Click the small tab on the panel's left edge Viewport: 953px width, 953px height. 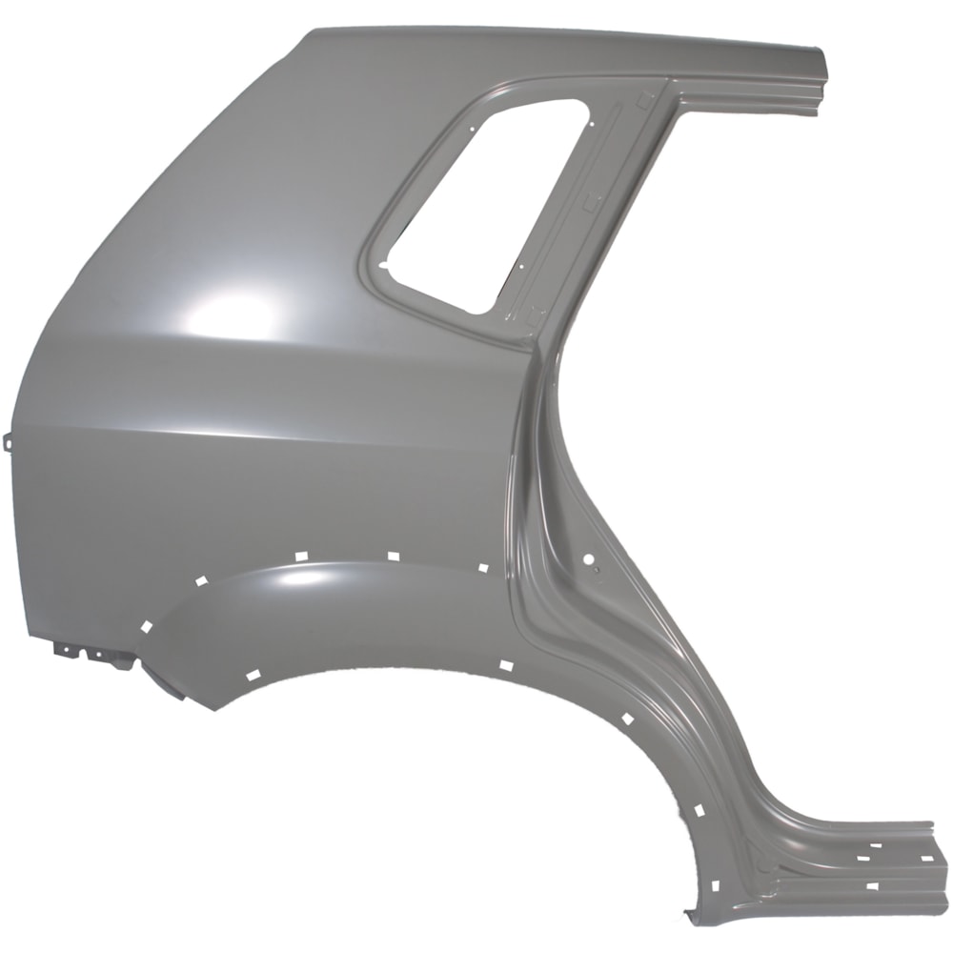(9, 441)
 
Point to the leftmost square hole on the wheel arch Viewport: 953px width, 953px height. (146, 626)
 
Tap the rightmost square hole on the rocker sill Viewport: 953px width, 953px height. (926, 858)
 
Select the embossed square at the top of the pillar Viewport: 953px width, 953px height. (644, 95)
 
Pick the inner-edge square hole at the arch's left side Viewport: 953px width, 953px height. (253, 675)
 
